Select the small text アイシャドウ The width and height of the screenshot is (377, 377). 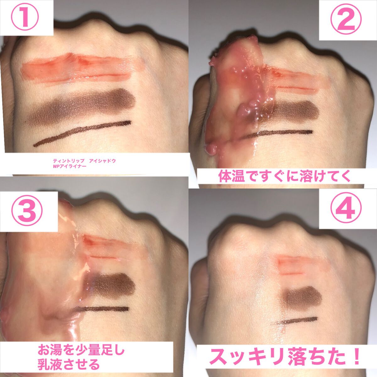point(102,161)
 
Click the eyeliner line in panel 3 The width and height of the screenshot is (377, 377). point(102,309)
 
